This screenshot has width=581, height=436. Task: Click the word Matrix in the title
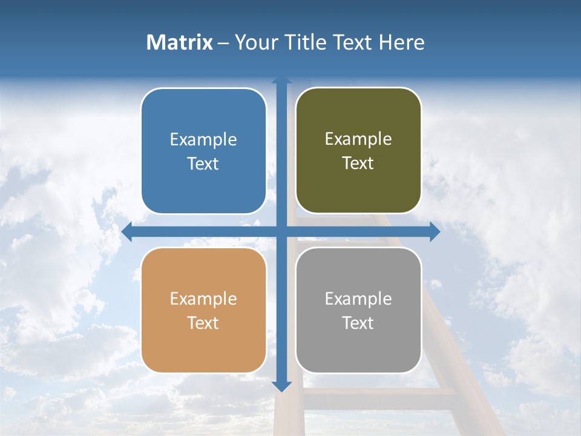[x=179, y=42]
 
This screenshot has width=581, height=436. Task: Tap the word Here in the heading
[x=401, y=42]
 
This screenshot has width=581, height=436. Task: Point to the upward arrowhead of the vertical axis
[x=281, y=81]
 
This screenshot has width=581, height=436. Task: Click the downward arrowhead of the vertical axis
[x=281, y=386]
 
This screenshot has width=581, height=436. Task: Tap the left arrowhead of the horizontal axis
[x=126, y=231]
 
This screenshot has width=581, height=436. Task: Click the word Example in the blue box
[x=203, y=139]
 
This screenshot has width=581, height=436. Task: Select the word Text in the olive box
[x=358, y=163]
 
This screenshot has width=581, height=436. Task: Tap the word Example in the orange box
[x=203, y=299]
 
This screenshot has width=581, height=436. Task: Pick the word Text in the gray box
[x=358, y=323]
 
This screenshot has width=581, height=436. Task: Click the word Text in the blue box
[x=203, y=163]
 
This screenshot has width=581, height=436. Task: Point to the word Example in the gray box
[x=358, y=299]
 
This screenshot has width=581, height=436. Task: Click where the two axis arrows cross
[x=281, y=231]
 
